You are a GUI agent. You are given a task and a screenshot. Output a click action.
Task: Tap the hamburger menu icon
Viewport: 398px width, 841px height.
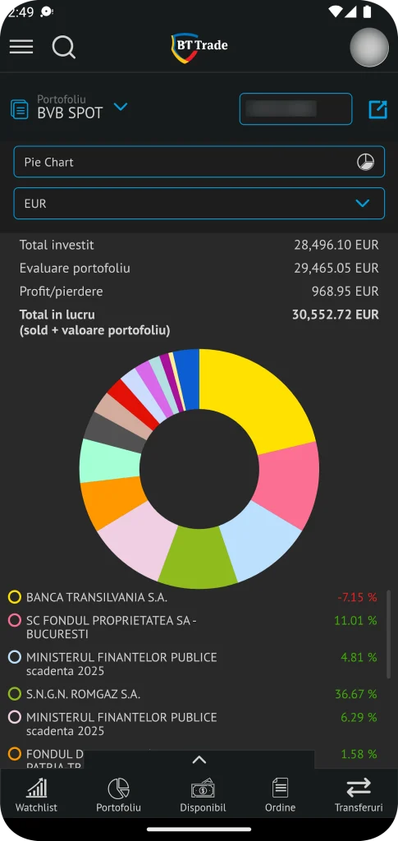[x=21, y=47]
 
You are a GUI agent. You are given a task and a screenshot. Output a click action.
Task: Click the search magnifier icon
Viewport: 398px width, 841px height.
[x=63, y=47]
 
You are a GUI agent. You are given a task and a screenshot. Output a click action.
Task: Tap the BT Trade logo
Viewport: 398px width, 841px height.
[x=199, y=47]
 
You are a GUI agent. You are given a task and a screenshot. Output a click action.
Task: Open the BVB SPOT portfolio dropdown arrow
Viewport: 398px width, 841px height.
[x=121, y=107]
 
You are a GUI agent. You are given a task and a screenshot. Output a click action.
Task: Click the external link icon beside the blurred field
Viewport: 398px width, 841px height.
[x=377, y=109]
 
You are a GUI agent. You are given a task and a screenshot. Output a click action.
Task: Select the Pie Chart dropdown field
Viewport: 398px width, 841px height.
[x=199, y=162]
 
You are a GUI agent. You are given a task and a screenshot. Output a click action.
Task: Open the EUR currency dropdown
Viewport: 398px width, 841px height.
[x=199, y=203]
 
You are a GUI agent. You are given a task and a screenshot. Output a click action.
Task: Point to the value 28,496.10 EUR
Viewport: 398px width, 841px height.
[x=336, y=245]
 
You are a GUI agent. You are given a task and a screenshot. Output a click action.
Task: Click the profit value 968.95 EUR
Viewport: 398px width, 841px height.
[x=345, y=291]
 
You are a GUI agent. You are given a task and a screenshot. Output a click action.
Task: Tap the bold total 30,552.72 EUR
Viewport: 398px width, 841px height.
[x=335, y=314]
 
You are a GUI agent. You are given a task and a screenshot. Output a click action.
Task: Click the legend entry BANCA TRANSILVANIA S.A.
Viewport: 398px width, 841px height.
[x=96, y=597]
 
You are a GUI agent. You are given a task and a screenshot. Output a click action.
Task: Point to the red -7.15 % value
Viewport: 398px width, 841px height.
[x=356, y=597]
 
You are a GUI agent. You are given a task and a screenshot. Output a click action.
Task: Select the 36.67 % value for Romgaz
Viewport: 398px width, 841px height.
[x=355, y=694]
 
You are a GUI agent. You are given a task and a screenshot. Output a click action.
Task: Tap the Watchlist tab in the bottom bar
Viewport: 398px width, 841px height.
[x=36, y=795]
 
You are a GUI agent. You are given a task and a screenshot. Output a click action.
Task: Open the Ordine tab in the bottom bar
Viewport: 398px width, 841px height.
[x=280, y=795]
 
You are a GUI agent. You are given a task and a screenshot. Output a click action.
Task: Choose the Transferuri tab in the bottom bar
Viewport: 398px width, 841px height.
[x=358, y=795]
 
